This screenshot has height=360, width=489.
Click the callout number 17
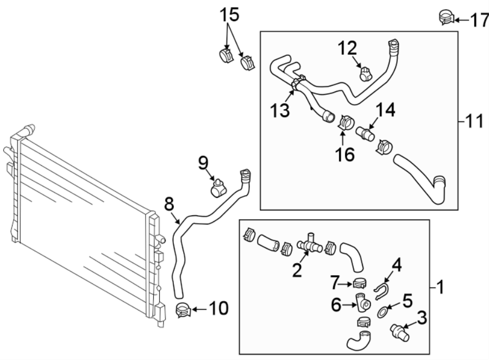(x=479, y=21)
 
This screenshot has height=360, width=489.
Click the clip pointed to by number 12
(x=365, y=73)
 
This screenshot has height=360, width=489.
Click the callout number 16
(x=345, y=154)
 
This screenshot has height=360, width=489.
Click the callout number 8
(x=169, y=204)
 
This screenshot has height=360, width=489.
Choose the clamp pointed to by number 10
(x=183, y=311)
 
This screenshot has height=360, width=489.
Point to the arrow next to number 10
(x=199, y=310)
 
